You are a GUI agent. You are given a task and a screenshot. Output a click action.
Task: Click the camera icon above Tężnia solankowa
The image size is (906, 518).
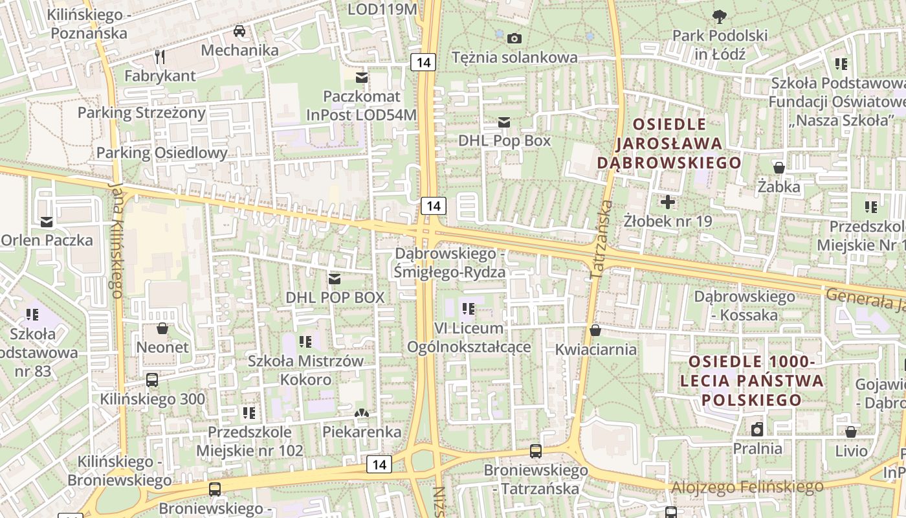point(514,38)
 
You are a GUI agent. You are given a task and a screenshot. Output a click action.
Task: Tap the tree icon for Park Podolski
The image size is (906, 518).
point(719,16)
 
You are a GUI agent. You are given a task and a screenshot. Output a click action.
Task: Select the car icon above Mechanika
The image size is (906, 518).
point(239,31)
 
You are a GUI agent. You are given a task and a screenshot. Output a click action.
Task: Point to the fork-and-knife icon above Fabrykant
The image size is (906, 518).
point(160,57)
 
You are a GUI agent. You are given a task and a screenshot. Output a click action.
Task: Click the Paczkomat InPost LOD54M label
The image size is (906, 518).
point(362,106)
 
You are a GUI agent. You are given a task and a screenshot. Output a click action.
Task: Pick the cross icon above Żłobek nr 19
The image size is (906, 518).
point(667,202)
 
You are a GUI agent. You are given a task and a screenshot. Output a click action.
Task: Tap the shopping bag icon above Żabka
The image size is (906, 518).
point(779,168)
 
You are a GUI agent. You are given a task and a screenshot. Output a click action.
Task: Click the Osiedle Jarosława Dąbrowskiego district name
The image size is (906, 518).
point(668,143)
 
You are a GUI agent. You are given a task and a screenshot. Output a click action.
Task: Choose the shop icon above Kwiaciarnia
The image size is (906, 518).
point(595,331)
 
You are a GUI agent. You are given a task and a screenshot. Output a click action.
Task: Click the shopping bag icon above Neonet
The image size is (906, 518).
point(162,328)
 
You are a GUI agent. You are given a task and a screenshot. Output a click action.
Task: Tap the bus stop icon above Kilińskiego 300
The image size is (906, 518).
point(152,380)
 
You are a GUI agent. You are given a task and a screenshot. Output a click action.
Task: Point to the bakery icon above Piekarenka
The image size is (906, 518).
point(362,412)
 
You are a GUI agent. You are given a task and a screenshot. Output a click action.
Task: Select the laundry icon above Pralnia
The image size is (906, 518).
point(757,429)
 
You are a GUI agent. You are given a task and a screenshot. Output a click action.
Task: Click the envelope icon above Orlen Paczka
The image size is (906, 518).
point(47,221)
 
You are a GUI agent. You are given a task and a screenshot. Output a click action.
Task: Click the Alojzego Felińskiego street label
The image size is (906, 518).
point(747,486)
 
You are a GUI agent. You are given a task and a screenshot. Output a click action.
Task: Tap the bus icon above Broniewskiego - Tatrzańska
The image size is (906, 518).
point(535,451)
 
